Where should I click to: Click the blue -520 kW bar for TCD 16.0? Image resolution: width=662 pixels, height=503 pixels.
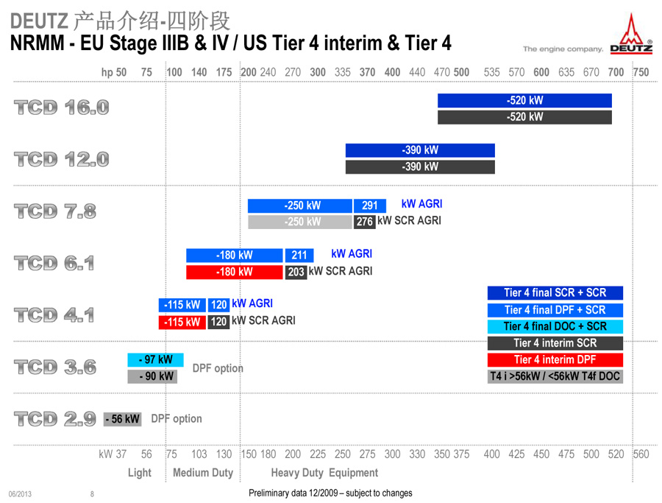(524, 101)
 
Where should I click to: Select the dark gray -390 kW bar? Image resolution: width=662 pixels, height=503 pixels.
(420, 166)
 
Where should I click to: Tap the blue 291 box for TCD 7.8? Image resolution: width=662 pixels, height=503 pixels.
(369, 205)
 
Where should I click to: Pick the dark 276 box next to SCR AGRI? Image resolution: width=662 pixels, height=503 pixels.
(364, 222)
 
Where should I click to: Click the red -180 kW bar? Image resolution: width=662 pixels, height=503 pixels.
(235, 272)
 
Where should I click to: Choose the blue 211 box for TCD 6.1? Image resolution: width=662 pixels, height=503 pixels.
(299, 256)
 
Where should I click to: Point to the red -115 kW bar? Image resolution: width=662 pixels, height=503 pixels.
(182, 322)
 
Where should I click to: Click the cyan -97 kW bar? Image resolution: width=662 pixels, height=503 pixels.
(156, 359)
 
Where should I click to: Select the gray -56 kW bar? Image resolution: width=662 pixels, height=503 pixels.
(122, 419)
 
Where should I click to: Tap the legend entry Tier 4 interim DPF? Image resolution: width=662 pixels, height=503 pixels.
(555, 359)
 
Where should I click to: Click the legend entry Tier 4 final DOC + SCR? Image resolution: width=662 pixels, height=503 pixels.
(555, 326)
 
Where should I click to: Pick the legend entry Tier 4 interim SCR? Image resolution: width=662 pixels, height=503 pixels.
(555, 342)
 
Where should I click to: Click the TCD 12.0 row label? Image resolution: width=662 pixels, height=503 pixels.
(62, 159)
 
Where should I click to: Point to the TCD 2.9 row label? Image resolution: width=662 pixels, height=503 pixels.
(55, 419)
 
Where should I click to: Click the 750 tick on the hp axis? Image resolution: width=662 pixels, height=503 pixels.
(641, 72)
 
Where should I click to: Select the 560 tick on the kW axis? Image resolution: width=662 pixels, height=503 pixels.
(641, 454)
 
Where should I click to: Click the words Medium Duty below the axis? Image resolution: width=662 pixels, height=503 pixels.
(203, 473)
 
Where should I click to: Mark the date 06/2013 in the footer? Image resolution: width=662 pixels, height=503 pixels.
(20, 494)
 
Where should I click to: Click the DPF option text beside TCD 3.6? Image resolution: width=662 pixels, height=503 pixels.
(218, 368)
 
